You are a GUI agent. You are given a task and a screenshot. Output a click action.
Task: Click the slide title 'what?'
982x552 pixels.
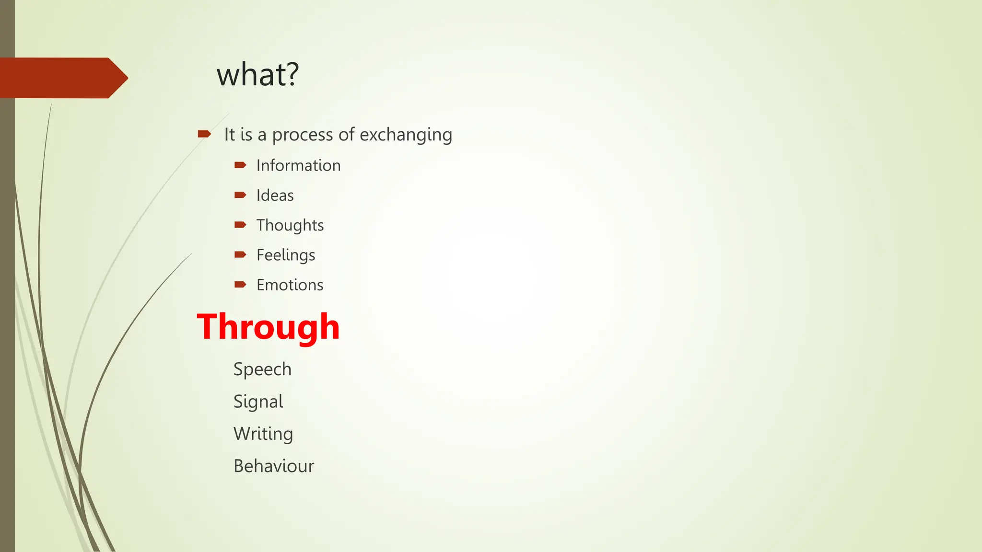pos(257,75)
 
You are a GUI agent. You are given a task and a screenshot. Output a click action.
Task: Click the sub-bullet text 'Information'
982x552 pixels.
pos(298,165)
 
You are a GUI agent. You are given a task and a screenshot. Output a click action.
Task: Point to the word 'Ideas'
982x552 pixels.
pos(275,195)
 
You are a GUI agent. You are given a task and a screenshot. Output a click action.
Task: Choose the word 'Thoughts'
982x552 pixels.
pos(290,225)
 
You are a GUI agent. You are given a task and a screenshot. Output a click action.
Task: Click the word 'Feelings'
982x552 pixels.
pos(286,255)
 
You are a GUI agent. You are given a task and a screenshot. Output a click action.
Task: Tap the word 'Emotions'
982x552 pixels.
pos(290,285)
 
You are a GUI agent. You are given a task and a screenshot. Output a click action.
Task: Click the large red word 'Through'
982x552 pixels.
pos(268,327)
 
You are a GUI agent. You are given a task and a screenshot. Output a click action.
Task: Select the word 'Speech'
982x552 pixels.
pos(262,369)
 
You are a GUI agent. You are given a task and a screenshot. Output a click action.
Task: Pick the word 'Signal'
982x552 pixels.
pos(258,402)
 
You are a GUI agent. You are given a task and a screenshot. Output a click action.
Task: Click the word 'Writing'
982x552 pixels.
pos(263,434)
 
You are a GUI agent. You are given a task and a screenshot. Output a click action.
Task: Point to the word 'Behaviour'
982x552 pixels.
pos(274,466)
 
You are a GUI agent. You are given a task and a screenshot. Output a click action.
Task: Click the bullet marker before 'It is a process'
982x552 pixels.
pos(204,134)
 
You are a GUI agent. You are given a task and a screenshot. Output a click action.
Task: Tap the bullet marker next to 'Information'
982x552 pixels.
pos(240,165)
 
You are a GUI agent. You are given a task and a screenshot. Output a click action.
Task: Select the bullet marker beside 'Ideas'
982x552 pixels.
pos(240,195)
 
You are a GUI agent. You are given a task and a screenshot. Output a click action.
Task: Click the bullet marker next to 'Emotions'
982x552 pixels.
pos(240,285)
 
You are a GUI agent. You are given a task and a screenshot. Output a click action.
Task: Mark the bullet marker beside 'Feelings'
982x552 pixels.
pos(240,254)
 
